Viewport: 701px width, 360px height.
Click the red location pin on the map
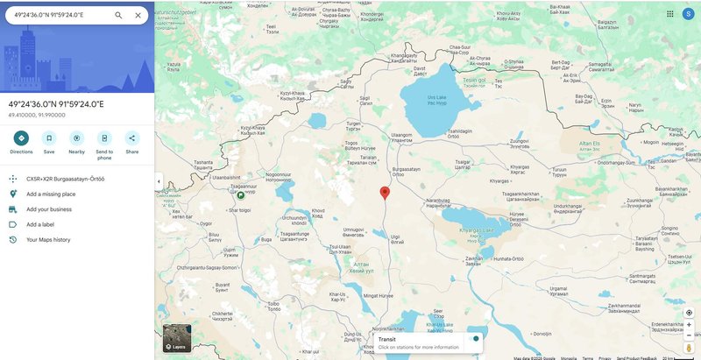pos(384,193)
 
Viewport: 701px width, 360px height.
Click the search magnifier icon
pos(118,15)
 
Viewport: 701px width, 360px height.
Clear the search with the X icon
pos(138,15)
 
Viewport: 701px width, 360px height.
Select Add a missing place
pos(51,194)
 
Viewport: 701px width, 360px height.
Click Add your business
pos(49,209)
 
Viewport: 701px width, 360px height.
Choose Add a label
pos(40,224)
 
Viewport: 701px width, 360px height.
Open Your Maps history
pos(48,239)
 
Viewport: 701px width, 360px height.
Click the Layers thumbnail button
pos(177,338)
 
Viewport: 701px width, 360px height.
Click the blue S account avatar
pos(688,13)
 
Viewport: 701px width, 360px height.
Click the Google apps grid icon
pos(669,13)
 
